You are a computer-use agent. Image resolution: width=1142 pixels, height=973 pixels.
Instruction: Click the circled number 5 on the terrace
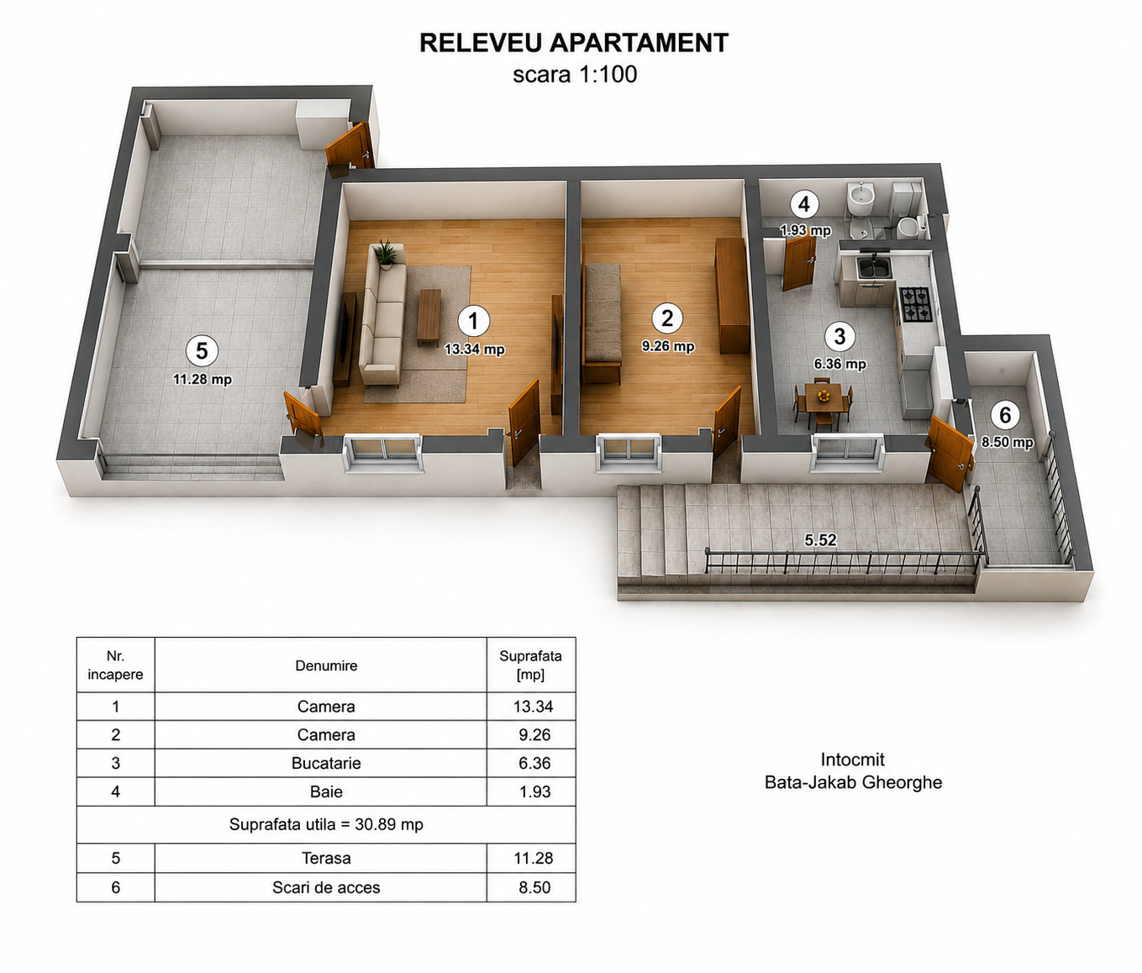pos(202,351)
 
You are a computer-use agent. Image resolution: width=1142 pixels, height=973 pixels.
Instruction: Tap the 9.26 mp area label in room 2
pos(667,346)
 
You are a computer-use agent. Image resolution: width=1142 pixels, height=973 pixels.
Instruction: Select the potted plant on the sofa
pos(386,255)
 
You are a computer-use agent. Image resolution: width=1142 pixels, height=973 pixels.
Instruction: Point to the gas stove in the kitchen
pos(915,304)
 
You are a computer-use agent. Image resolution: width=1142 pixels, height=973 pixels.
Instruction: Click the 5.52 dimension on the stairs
pos(820,539)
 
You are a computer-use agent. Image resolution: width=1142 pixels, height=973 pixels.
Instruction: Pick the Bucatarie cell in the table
pos(326,763)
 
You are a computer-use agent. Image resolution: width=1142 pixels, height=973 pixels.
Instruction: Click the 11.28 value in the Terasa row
pos(533,858)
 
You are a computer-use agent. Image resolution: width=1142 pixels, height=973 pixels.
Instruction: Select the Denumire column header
pos(326,665)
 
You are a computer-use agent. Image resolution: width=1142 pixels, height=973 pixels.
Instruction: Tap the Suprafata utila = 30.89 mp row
pos(326,824)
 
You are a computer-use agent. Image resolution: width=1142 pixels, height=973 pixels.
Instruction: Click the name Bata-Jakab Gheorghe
pos(853,782)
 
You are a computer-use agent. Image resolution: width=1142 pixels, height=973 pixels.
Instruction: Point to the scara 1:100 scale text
pos(575,75)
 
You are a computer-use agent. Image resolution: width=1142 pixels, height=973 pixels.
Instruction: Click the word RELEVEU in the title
pos(479,43)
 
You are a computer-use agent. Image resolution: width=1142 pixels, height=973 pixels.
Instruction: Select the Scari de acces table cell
pos(326,887)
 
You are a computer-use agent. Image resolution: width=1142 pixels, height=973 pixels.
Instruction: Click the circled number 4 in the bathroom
pos(804,204)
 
